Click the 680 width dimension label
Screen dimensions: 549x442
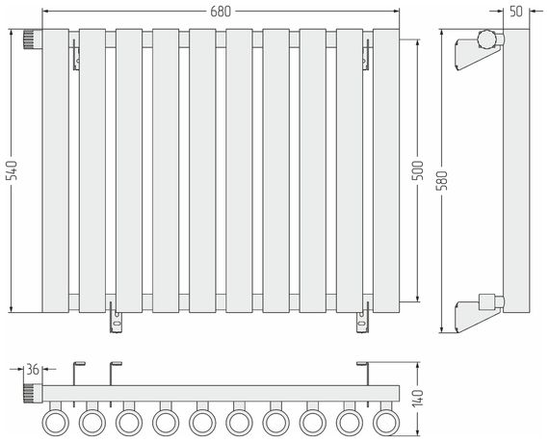point(221,12)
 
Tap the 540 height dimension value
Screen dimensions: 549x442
point(13,170)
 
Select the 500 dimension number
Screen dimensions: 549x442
point(417,170)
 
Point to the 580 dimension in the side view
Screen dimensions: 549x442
point(442,180)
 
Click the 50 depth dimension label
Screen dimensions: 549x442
point(515,12)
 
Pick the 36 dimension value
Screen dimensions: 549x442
point(33,369)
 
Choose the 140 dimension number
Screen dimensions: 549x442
point(417,399)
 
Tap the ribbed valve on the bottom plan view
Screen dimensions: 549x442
point(33,393)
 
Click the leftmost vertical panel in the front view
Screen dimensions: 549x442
point(56,170)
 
